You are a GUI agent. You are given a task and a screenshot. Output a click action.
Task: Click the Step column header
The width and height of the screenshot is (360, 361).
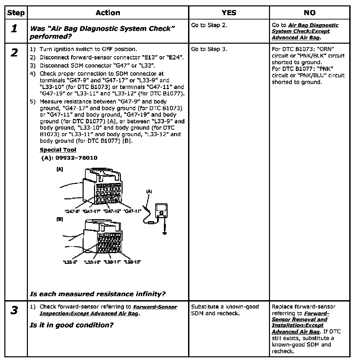[x=16, y=13]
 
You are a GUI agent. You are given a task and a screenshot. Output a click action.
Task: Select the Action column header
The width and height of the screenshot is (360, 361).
[x=107, y=13]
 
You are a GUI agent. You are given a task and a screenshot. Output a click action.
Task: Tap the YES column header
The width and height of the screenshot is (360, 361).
[x=229, y=13]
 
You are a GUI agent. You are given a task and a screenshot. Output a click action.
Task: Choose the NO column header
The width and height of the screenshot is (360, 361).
[x=309, y=13]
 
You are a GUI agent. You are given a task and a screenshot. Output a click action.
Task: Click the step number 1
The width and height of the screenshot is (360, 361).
[x=14, y=29]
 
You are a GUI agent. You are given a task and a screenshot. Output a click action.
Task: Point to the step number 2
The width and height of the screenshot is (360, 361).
[x=14, y=53]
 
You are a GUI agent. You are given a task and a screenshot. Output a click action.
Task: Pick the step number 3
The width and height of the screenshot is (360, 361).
[x=14, y=310]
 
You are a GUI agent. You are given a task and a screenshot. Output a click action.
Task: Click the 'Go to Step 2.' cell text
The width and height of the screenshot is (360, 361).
[x=209, y=25]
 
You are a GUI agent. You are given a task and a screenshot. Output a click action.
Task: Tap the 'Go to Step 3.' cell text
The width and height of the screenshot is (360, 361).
[x=209, y=49]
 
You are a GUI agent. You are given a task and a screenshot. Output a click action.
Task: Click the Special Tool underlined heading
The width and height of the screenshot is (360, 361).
[x=58, y=150]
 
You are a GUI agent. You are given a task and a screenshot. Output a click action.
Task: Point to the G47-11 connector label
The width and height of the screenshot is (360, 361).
[x=132, y=211]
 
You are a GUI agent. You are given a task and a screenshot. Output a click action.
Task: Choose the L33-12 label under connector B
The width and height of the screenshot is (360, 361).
[x=132, y=262]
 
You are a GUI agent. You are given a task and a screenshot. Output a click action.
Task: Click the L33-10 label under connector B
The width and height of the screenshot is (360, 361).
[x=92, y=262]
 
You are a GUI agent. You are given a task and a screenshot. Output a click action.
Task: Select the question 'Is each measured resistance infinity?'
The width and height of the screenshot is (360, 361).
[x=97, y=294]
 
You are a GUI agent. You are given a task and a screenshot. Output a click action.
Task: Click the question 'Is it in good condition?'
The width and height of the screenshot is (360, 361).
[x=71, y=325]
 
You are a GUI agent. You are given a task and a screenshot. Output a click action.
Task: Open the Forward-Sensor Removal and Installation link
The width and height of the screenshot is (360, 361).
[x=299, y=319]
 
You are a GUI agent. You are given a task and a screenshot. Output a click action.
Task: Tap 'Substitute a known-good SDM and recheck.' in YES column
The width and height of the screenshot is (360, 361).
[x=225, y=310]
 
